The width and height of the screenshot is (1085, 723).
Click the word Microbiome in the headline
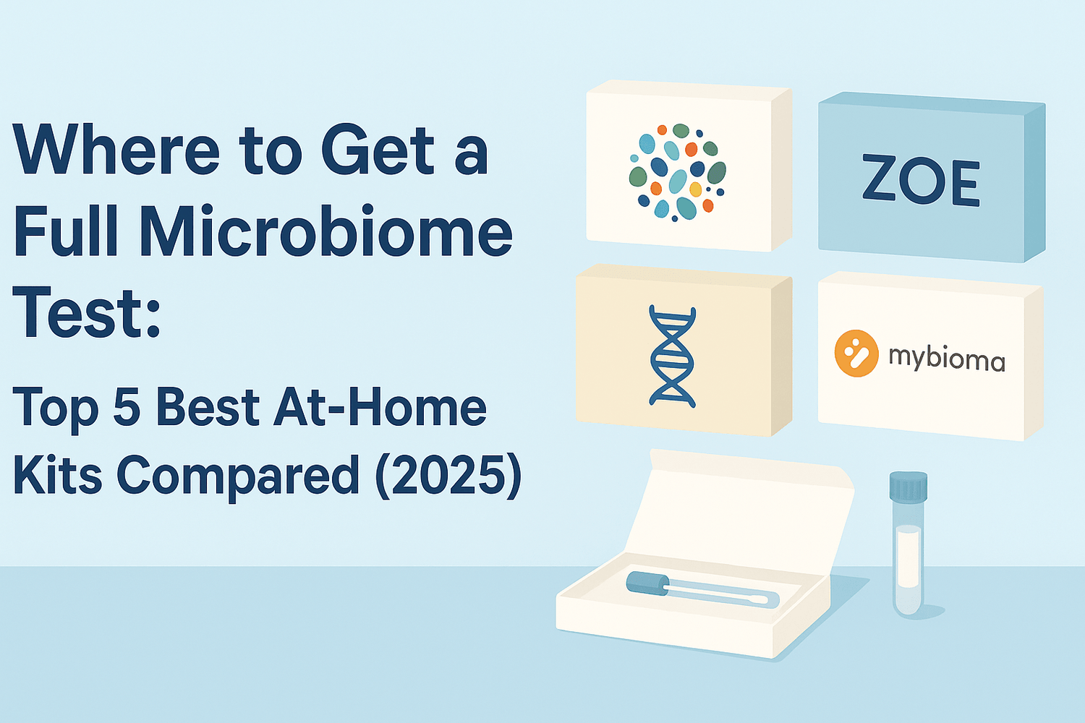click(x=325, y=233)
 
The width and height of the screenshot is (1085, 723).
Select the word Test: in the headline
click(x=87, y=312)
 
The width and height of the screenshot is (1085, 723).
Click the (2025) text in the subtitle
click(x=448, y=476)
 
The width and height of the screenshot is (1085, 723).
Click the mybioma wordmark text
click(x=946, y=358)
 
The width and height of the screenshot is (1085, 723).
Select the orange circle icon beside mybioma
click(x=856, y=354)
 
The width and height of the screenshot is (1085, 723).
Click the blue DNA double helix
click(x=673, y=356)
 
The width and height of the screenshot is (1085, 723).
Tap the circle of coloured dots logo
click(x=677, y=172)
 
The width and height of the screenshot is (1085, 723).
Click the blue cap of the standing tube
click(x=909, y=486)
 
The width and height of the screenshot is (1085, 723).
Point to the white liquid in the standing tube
click(x=908, y=557)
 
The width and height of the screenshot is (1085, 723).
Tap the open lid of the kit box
click(x=738, y=506)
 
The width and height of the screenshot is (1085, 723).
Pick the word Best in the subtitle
click(x=208, y=407)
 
